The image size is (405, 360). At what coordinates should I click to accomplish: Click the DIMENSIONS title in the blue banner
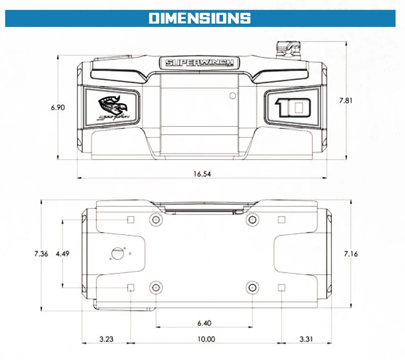pyautogui.click(x=199, y=18)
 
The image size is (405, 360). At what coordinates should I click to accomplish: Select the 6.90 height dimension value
pyautogui.click(x=58, y=107)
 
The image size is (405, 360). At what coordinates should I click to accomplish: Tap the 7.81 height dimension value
pyautogui.click(x=345, y=100)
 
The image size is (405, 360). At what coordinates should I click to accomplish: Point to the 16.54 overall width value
pyautogui.click(x=202, y=174)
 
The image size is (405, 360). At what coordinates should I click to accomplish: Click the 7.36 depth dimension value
pyautogui.click(x=41, y=254)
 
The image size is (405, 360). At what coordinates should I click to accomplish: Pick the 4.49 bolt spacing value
pyautogui.click(x=62, y=254)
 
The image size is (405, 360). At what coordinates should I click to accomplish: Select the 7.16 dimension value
pyautogui.click(x=351, y=254)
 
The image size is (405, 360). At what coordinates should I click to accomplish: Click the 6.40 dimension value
pyautogui.click(x=204, y=323)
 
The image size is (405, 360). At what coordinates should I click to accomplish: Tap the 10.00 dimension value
pyautogui.click(x=206, y=339)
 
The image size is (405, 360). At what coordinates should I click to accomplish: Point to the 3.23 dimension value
pyautogui.click(x=106, y=339)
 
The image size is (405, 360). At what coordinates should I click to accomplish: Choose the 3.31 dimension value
pyautogui.click(x=306, y=339)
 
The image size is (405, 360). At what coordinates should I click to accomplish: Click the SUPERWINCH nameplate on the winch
pyautogui.click(x=199, y=63)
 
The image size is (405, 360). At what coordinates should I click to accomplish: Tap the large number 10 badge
pyautogui.click(x=293, y=107)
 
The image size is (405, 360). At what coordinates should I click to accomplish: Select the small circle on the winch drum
pyautogui.click(x=233, y=96)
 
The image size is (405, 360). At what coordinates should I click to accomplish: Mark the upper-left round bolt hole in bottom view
pyautogui.click(x=156, y=220)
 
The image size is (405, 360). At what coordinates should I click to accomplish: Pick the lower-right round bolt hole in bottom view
pyautogui.click(x=253, y=287)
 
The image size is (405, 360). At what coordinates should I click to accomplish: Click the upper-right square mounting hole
pyautogui.click(x=282, y=220)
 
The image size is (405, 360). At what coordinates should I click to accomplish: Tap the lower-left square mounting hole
pyautogui.click(x=131, y=288)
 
